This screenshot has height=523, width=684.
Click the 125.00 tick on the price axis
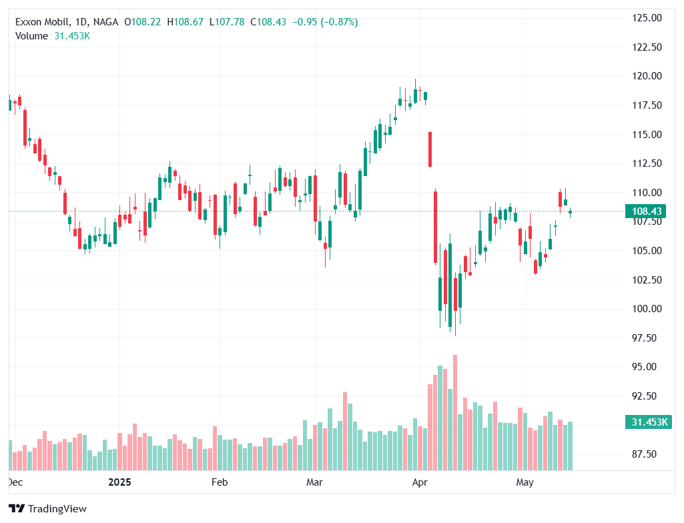pos(647,18)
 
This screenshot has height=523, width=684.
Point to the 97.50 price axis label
pos(647,338)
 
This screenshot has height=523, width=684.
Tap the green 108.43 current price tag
pos(647,211)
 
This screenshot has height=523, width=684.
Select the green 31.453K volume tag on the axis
pos(647,422)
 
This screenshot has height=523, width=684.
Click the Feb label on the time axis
pos(220,482)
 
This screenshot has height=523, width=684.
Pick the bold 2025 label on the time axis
pos(120,482)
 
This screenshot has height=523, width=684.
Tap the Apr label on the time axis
pos(419,482)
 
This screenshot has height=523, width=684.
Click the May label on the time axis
pos(525,482)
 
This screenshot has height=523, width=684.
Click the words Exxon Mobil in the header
pos(42,22)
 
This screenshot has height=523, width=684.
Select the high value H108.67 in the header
pos(188,22)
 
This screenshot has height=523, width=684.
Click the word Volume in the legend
pos(31,36)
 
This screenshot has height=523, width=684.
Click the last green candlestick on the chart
pos(571,213)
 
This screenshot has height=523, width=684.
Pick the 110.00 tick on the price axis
pos(647,192)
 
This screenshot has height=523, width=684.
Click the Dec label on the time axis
pos(15,482)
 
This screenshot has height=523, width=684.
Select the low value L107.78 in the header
pos(228,22)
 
